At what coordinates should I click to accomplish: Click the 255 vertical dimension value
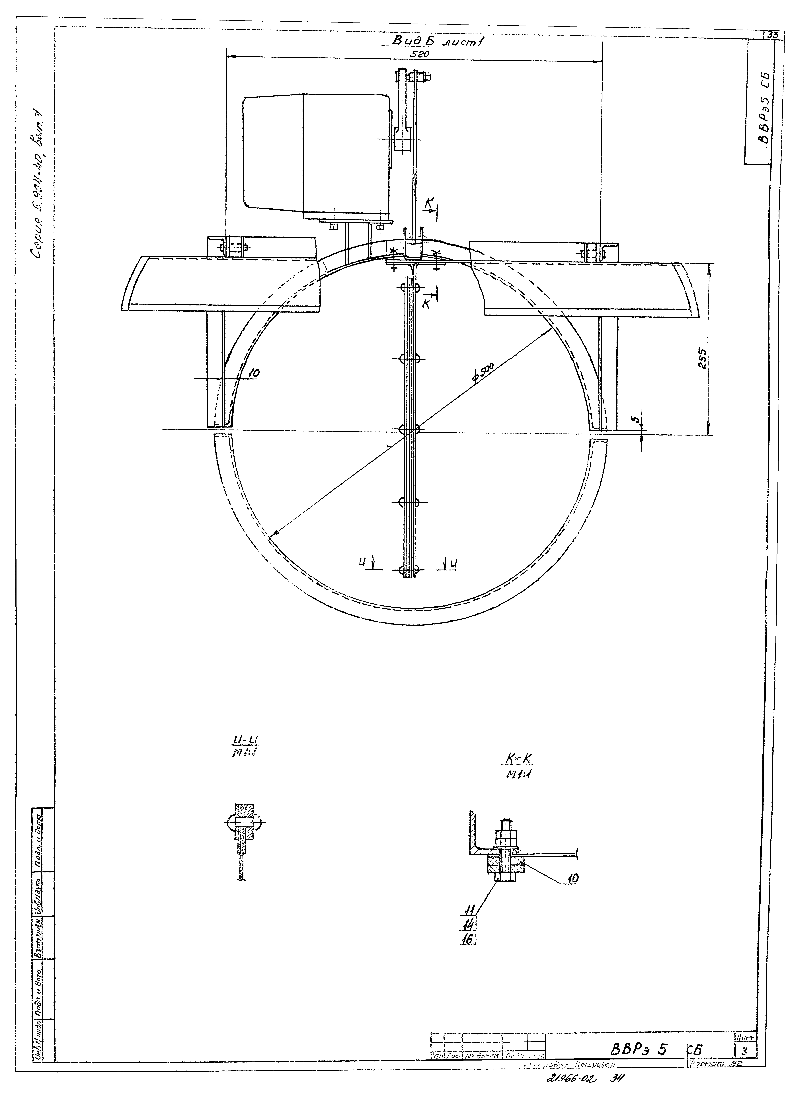coord(703,359)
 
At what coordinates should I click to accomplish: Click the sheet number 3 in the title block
coord(745,1064)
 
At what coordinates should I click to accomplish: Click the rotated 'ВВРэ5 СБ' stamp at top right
coord(762,108)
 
